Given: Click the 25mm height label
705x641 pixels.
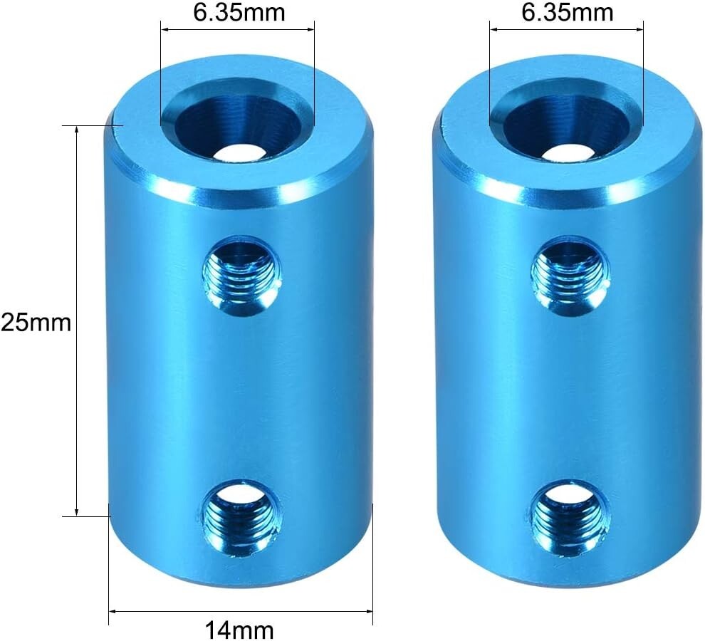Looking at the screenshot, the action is [x=36, y=322].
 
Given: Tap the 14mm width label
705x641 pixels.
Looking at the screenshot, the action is [x=239, y=628].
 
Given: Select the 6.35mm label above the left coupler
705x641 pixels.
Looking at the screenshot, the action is [x=239, y=12].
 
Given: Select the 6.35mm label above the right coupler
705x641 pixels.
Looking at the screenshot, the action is [x=568, y=12].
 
